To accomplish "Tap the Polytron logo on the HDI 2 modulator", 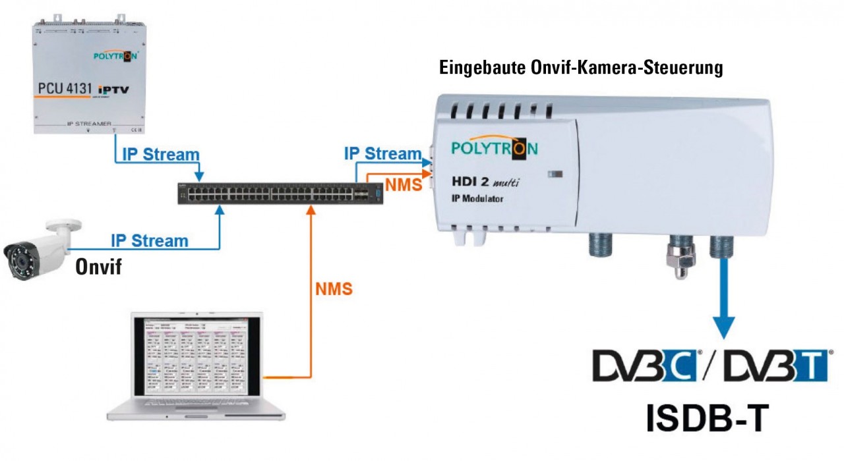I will tap(494, 148).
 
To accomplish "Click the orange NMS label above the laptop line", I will tap(333, 288).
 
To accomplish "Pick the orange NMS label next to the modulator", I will tap(404, 185).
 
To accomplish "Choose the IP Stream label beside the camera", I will tap(150, 240).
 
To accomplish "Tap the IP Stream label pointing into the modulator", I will tap(382, 153).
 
